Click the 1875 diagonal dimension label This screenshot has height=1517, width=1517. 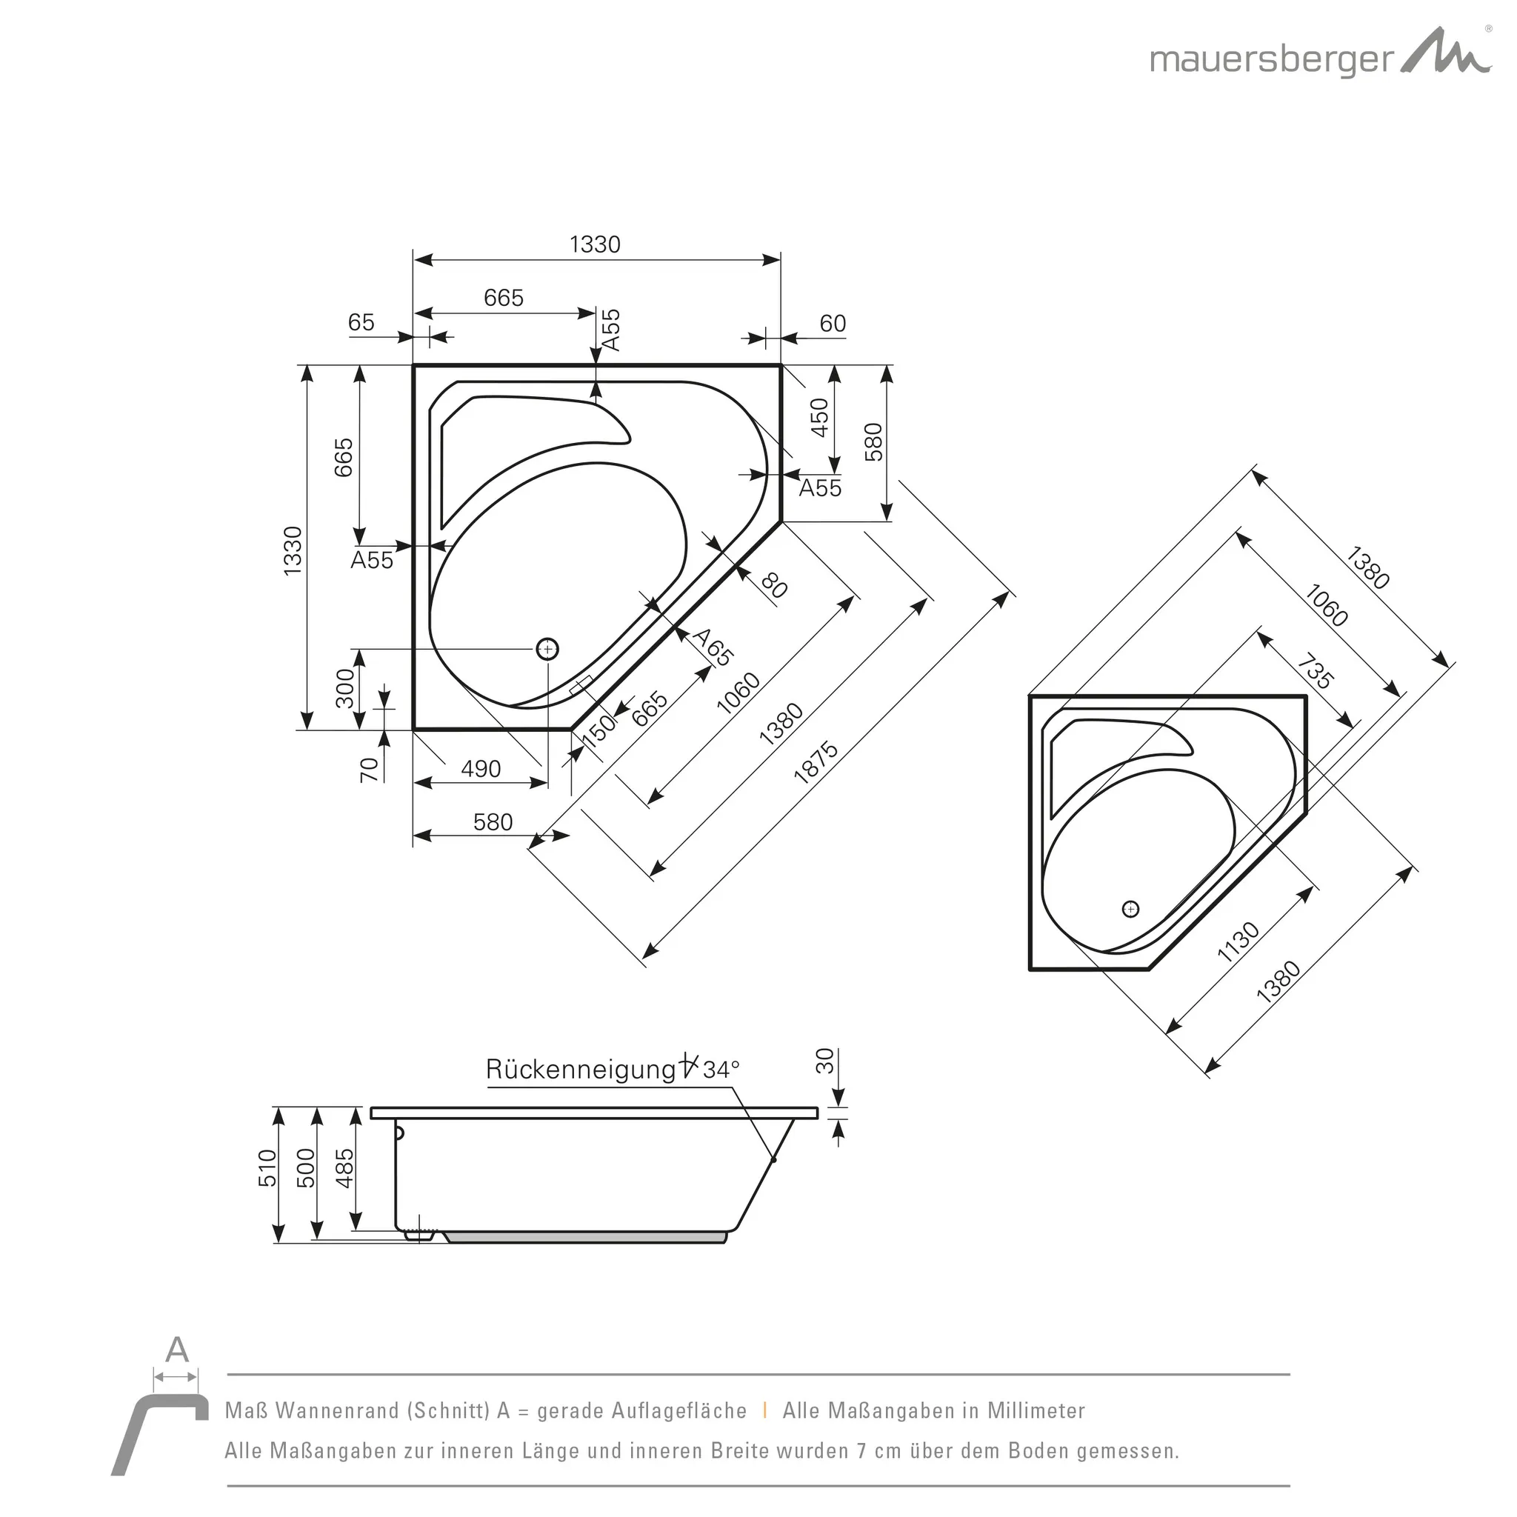click(816, 762)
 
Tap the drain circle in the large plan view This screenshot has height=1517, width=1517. click(547, 650)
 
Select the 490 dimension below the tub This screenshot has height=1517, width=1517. click(481, 769)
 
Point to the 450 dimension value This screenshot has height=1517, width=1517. click(819, 418)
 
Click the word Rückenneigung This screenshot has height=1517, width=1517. click(580, 1070)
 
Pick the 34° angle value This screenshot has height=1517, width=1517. click(721, 1070)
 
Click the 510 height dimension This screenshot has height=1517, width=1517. click(267, 1167)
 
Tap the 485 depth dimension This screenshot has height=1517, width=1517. click(344, 1167)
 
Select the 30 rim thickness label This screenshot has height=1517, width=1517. click(824, 1061)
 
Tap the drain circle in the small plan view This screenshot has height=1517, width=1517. click(1130, 908)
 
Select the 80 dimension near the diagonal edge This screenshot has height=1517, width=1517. click(773, 586)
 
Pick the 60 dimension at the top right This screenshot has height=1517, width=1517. click(833, 324)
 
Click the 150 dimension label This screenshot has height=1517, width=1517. click(599, 730)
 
